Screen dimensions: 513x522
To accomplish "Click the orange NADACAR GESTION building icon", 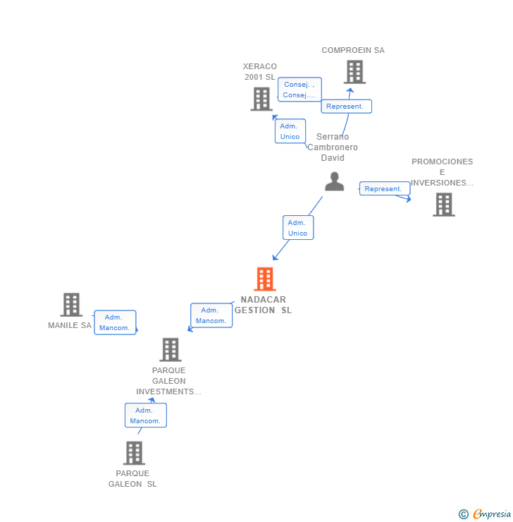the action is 265,279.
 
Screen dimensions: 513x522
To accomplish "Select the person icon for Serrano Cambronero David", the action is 334,181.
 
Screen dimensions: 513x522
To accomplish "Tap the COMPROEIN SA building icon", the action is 354,72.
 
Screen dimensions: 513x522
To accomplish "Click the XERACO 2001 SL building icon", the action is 261,99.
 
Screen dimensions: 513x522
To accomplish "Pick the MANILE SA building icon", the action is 71,305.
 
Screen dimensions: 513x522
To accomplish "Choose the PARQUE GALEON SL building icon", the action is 135,453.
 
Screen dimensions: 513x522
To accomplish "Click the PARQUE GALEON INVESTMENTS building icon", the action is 171,350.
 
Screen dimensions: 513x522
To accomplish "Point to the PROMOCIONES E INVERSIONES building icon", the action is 444,205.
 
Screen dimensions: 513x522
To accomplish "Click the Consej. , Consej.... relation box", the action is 299,90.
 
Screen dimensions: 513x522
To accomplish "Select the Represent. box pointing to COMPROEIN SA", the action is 346,107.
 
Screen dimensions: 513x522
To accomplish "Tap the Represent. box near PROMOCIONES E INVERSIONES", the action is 385,189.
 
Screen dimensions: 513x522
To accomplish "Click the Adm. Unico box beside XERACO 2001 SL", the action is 290,131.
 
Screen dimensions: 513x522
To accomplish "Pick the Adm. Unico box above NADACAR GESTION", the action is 298,228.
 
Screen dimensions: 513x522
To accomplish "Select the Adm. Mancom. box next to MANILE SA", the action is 115,322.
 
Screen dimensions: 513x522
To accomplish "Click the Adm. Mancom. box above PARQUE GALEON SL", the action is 146,415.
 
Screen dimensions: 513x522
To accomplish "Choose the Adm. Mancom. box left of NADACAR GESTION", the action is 211,315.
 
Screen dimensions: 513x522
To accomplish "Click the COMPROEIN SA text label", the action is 353,50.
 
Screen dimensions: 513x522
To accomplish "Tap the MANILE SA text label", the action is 70,325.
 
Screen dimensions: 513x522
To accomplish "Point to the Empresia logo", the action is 485,514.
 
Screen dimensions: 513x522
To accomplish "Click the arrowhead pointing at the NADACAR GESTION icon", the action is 275,257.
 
